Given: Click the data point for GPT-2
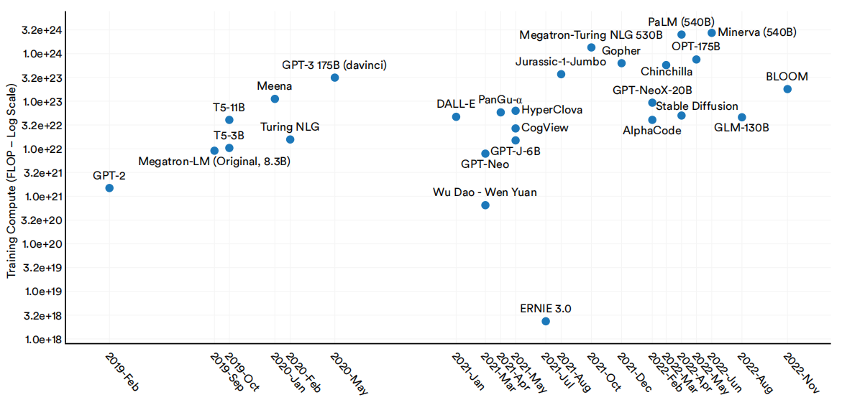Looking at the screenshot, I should [109, 188].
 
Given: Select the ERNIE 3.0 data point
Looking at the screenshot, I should [546, 321].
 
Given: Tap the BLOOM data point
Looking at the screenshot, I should [787, 89].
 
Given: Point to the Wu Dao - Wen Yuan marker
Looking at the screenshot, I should [485, 205].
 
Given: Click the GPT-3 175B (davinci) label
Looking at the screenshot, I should [334, 65].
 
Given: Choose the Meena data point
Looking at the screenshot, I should [275, 98].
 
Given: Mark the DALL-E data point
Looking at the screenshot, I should [456, 117].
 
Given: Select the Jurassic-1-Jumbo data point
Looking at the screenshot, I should [561, 75].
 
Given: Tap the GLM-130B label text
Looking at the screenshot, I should [741, 129].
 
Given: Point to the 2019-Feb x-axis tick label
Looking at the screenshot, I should [122, 372].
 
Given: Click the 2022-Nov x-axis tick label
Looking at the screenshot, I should [800, 372].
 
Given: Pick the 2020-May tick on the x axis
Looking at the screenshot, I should [348, 372].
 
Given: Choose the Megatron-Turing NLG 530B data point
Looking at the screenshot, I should [591, 47].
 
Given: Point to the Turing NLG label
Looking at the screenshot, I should [290, 127].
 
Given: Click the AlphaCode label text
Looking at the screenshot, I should [651, 131].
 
